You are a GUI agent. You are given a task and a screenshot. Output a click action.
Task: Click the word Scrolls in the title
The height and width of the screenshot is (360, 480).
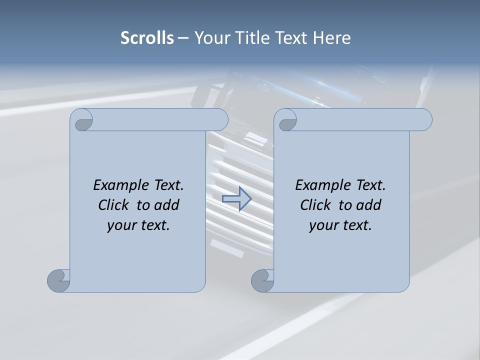(x=147, y=38)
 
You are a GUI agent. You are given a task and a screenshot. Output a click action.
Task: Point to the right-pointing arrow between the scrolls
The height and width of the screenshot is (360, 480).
(x=236, y=199)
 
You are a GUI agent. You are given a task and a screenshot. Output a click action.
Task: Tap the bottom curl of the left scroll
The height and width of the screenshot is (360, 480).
(x=58, y=280)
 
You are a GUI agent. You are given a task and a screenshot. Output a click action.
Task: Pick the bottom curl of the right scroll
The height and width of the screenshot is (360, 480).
(x=262, y=280)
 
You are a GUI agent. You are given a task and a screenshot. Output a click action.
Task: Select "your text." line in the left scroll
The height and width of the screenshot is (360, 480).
(x=138, y=225)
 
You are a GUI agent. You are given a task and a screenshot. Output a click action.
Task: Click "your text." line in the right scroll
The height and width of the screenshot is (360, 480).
(x=340, y=225)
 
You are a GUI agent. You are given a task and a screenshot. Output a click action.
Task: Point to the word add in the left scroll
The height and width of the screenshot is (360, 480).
(x=167, y=205)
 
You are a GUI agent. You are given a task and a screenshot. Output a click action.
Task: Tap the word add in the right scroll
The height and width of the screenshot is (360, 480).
(x=369, y=205)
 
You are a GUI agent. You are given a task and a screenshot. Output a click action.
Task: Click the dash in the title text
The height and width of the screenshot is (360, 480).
(x=183, y=38)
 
